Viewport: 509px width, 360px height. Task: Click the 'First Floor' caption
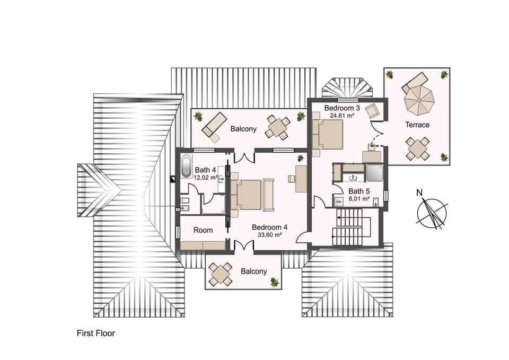pyautogui.click(x=96, y=333)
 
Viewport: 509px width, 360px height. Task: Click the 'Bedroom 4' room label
pyautogui.click(x=269, y=227)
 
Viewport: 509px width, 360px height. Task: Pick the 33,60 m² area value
pyautogui.click(x=269, y=234)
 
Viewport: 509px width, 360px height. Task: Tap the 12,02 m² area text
pyautogui.click(x=206, y=178)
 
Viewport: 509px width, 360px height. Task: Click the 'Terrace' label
pyautogui.click(x=417, y=125)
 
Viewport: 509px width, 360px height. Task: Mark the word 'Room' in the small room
pyautogui.click(x=203, y=230)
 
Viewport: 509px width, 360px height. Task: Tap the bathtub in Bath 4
pyautogui.click(x=186, y=167)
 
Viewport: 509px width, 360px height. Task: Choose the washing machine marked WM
pyautogui.click(x=338, y=201)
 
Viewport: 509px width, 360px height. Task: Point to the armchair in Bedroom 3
pyautogui.click(x=373, y=111)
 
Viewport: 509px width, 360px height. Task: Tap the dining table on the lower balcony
pyautogui.click(x=220, y=274)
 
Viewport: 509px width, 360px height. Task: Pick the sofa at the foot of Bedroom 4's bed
pyautogui.click(x=268, y=194)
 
